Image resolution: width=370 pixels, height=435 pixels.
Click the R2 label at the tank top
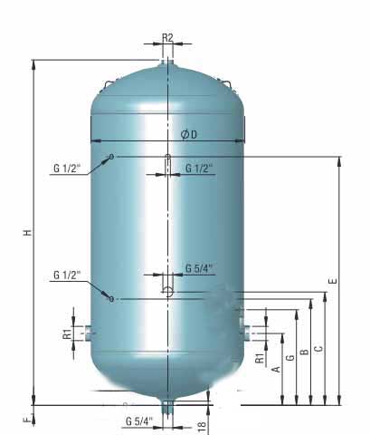point(167,37)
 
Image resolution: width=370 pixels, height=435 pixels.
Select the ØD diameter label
point(188,134)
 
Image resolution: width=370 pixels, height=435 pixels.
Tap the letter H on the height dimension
point(28,232)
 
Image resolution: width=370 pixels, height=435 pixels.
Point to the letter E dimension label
point(333,282)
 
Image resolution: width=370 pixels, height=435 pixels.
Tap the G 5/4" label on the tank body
point(199,268)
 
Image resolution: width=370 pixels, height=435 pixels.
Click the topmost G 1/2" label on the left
point(67,168)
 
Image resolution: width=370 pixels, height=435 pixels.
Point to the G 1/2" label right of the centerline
point(199,169)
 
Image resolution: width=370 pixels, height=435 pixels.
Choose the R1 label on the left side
point(68,333)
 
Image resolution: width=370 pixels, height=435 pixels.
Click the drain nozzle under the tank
point(167,410)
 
